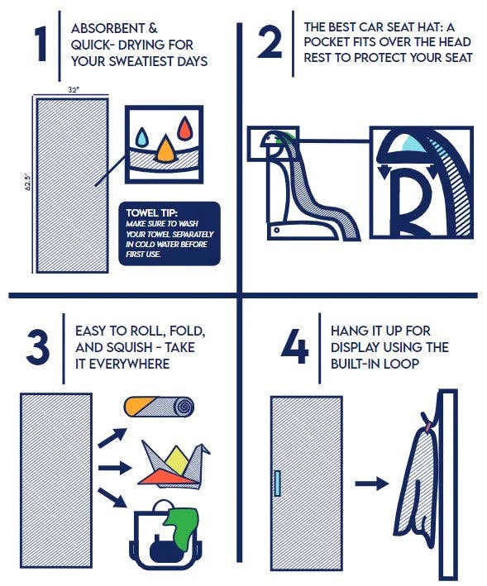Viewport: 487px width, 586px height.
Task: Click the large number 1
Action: [x=42, y=44]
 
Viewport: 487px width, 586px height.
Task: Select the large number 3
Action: [x=37, y=348]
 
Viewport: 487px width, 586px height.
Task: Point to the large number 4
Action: [x=295, y=346]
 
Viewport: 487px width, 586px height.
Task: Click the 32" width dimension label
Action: [x=74, y=90]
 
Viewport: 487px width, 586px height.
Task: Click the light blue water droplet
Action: [x=142, y=136]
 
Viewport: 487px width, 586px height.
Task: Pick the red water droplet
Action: [x=184, y=128]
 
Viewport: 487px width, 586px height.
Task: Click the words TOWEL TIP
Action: [x=152, y=212]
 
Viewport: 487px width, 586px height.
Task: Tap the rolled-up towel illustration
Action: [x=159, y=407]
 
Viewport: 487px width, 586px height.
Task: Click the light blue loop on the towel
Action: [x=277, y=484]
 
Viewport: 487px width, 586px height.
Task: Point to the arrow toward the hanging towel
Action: [x=372, y=484]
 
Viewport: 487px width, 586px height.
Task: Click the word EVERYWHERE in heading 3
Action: [x=129, y=364]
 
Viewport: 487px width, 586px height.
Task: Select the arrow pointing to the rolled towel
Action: [x=112, y=437]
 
